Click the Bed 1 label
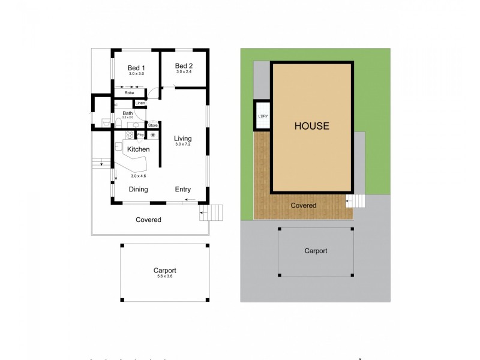136,68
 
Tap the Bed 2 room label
184,65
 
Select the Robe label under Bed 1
129,93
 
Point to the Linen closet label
140,103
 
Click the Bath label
128,113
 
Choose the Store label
152,125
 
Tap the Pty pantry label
140,135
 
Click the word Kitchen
138,149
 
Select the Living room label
183,139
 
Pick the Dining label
139,190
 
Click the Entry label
183,190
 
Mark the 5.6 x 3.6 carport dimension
164,276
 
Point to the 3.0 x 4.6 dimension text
139,176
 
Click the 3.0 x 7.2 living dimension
183,145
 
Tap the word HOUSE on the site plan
311,126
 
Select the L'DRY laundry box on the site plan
262,116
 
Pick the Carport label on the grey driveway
316,251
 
